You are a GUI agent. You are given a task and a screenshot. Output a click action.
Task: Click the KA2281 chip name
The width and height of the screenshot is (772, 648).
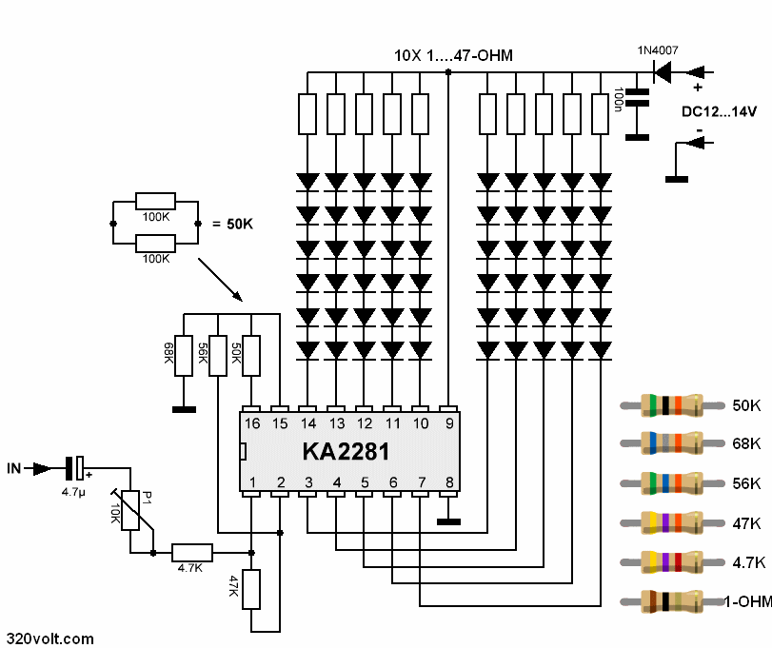pos(346,451)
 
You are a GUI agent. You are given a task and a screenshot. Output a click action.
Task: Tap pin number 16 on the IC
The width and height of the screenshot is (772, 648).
pos(252,422)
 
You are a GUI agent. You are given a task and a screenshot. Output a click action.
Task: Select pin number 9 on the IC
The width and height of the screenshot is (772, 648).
pos(447,422)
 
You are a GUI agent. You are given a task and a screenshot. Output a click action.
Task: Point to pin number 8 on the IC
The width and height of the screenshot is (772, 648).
pos(447,482)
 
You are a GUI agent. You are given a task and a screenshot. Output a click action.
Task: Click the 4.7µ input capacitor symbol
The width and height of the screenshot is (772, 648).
pos(74,468)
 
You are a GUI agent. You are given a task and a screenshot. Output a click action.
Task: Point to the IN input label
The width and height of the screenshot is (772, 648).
pos(14,468)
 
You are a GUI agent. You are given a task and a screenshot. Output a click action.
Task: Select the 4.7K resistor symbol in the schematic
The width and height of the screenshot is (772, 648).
pos(191,552)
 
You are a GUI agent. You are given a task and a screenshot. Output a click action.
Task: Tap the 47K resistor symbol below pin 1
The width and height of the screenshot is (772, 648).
pos(251,589)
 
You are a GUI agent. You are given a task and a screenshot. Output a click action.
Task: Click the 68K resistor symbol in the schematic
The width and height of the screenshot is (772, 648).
pos(185,355)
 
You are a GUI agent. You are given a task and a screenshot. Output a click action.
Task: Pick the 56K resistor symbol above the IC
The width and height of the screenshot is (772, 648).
pos(218,355)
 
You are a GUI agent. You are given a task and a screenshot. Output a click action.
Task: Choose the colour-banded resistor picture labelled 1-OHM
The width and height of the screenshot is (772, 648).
pos(671,601)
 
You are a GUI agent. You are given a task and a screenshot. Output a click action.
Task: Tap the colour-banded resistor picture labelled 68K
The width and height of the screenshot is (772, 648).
pos(671,443)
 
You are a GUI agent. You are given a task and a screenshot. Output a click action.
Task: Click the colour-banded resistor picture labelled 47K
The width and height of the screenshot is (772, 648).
pos(671,522)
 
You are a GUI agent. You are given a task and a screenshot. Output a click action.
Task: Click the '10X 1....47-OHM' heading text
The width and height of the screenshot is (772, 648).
pos(453,56)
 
